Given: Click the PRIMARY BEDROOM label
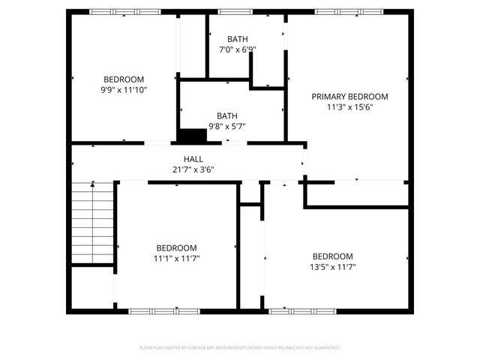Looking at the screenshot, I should [x=349, y=97].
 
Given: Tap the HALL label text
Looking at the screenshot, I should [x=193, y=159].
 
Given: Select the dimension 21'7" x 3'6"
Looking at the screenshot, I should [x=193, y=169].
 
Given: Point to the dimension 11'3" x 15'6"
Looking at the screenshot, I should [x=349, y=107].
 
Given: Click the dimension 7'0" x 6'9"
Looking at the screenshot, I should [x=238, y=49].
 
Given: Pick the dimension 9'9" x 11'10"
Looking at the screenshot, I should [x=124, y=90].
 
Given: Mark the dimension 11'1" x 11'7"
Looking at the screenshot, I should [x=177, y=259].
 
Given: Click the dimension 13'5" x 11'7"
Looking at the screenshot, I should [x=332, y=266].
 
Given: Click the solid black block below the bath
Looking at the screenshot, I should [x=192, y=136].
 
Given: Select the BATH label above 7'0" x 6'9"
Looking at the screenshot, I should [x=238, y=39].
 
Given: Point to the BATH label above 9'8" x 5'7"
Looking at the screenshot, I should [x=227, y=116].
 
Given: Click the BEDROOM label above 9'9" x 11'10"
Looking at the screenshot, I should [x=124, y=79].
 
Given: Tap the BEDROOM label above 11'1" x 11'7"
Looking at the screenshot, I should [x=177, y=248].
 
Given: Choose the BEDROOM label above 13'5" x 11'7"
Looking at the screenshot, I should [x=332, y=256].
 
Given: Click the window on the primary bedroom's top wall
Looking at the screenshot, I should [x=337, y=12].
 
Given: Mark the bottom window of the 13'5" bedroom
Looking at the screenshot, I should [x=290, y=310].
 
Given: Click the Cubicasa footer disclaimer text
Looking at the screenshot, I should [x=240, y=348].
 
